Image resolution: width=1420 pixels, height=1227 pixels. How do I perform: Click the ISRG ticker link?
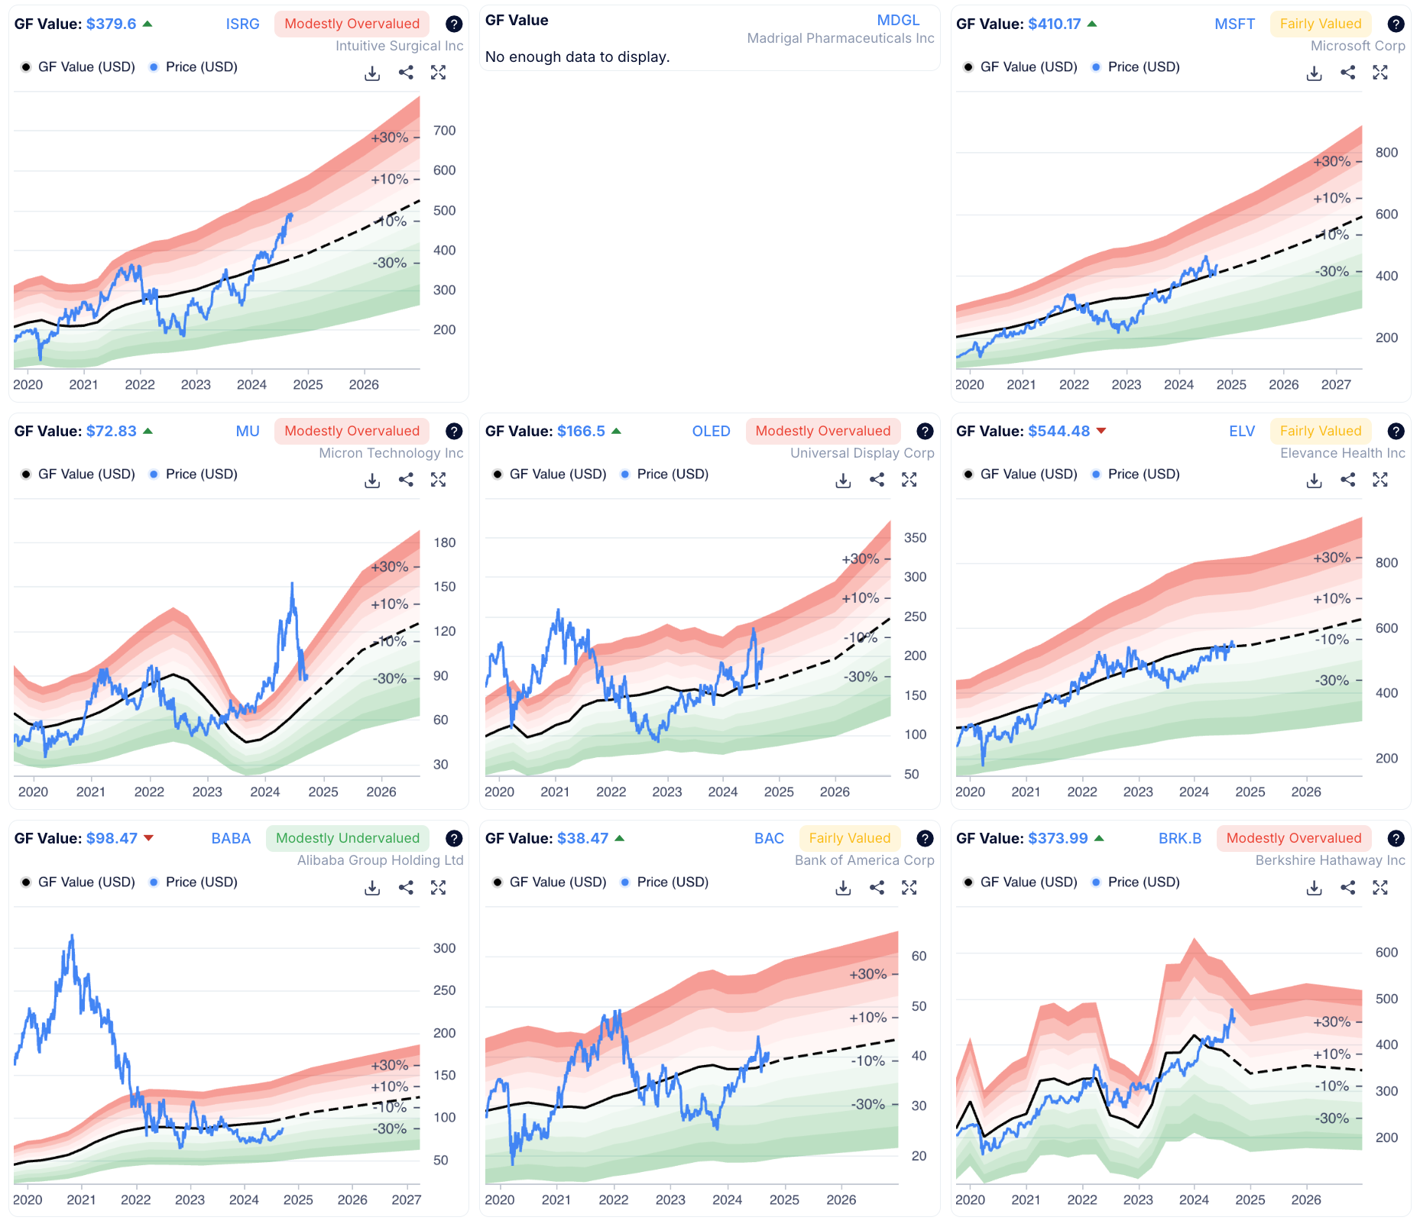pos(242,24)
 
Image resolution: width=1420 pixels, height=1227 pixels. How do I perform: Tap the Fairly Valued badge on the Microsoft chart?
pos(1320,24)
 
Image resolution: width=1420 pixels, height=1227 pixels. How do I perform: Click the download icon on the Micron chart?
pos(372,480)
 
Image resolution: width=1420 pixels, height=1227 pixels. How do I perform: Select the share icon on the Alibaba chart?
pos(406,887)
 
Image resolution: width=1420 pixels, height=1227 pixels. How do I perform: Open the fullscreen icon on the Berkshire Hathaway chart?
pos(1379,887)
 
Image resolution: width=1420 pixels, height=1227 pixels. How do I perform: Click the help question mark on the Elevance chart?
pos(1396,431)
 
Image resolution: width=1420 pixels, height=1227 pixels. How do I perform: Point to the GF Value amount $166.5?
pos(581,431)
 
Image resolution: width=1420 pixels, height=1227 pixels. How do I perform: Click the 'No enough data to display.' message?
pos(577,57)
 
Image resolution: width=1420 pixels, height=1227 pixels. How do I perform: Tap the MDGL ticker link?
pos(898,20)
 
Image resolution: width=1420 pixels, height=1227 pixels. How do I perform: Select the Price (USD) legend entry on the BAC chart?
pos(672,882)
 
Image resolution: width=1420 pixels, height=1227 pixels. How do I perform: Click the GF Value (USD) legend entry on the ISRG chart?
pos(86,66)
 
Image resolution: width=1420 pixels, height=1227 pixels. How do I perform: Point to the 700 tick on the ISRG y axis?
pos(444,131)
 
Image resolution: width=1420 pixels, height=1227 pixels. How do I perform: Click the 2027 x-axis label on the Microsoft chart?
pos(1335,384)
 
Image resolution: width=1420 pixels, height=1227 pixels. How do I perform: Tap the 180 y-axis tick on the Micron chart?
pos(444,542)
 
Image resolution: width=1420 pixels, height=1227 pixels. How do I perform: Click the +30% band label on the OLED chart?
pos(860,558)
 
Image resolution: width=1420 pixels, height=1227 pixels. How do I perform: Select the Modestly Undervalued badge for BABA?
pos(347,838)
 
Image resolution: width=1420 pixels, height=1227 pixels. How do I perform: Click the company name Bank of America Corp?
pos(864,860)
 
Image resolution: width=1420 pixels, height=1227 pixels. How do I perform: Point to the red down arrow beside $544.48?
pos(1101,431)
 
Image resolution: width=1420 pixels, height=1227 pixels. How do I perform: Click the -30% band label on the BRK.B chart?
pos(1332,1118)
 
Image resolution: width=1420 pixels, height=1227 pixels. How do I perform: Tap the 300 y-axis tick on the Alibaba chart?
pos(444,948)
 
